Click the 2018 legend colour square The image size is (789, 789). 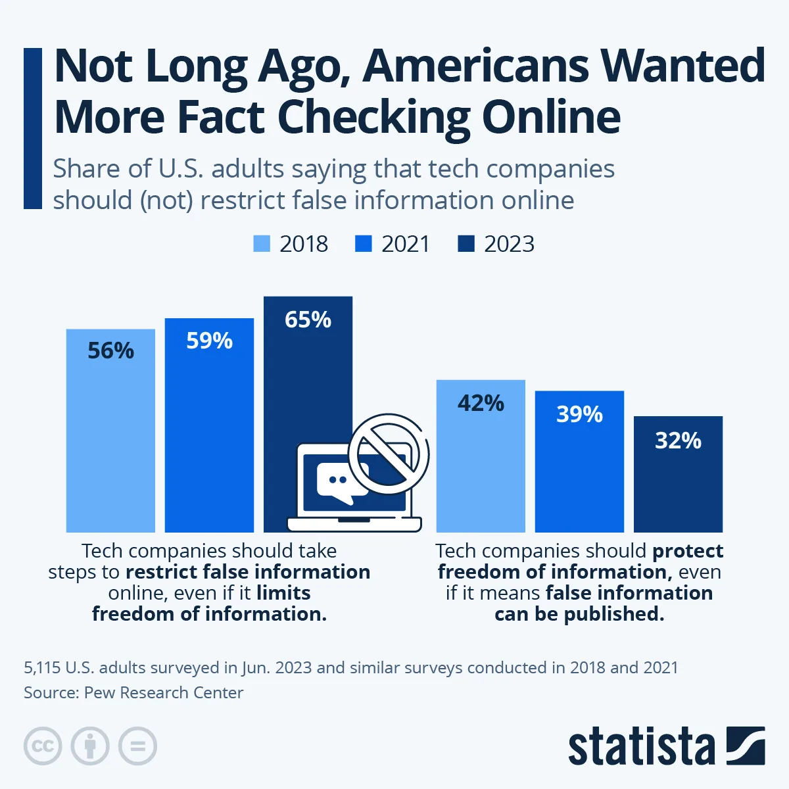262,244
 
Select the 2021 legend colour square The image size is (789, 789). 364,244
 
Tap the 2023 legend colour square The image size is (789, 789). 466,244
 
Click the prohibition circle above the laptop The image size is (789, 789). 389,453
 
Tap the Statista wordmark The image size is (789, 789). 641,746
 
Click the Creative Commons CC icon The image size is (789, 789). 43,746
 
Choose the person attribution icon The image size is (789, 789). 90,746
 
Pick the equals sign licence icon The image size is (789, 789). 137,746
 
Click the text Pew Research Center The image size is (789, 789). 164,692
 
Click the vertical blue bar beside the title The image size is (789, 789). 32,128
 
